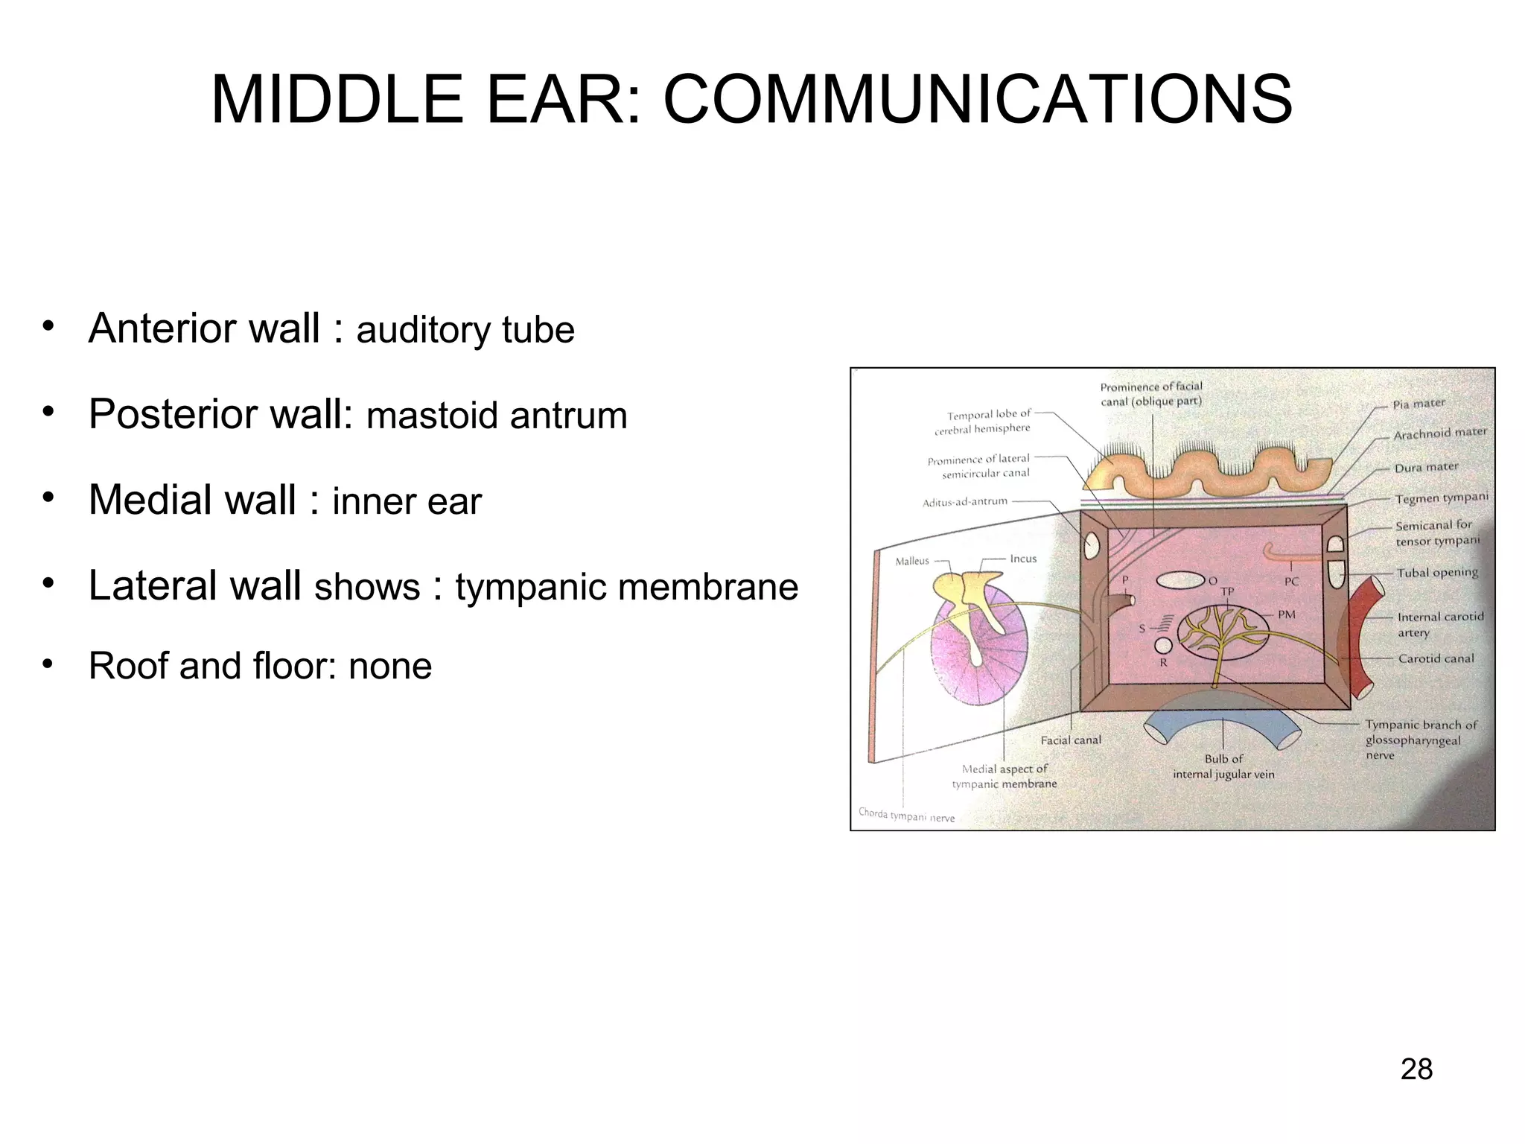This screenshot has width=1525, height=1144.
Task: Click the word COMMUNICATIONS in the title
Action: tap(977, 101)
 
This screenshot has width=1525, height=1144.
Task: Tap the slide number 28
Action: tap(1416, 1070)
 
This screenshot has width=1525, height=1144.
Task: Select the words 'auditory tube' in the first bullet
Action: tap(465, 330)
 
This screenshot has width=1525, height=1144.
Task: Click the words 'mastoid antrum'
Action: tap(497, 416)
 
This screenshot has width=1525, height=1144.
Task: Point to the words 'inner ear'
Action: tap(407, 501)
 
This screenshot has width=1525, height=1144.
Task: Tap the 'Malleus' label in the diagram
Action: tap(912, 561)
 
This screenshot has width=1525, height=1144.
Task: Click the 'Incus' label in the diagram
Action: tap(1023, 559)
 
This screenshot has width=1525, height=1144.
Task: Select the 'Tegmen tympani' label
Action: tap(1441, 498)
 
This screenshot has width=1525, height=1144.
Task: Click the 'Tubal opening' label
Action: tap(1436, 573)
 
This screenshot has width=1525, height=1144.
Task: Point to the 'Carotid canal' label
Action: tap(1436, 658)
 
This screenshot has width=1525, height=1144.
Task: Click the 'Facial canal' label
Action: tap(1070, 740)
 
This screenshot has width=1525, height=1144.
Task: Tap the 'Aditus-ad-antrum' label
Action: tap(964, 502)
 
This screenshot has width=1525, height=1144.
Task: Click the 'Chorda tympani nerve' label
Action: tap(906, 816)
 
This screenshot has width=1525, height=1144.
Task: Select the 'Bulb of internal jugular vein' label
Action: tap(1223, 766)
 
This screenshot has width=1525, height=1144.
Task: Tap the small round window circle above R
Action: tap(1163, 645)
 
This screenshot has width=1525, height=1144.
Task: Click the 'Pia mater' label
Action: tap(1419, 404)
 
